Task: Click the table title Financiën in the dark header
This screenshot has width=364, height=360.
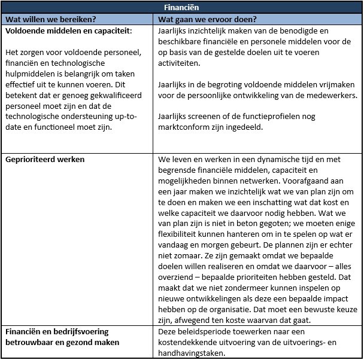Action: pyautogui.click(x=182, y=8)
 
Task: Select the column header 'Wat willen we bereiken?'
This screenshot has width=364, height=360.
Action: pyautogui.click(x=51, y=19)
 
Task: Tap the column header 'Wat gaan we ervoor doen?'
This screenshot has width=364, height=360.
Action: pyautogui.click(x=207, y=19)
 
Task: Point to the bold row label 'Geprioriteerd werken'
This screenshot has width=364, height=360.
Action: pyautogui.click(x=45, y=160)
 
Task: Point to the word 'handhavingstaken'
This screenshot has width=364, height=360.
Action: pyautogui.click(x=195, y=353)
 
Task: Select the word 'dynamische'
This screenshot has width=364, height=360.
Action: pyautogui.click(x=257, y=160)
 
